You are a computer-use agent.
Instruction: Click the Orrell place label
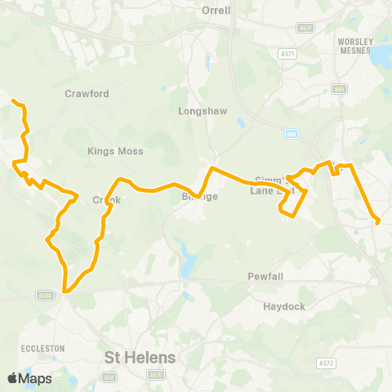coord(216,11)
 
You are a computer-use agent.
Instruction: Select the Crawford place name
coord(87,94)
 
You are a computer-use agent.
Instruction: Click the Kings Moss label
coord(115,151)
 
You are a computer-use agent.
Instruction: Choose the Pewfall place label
coord(265,277)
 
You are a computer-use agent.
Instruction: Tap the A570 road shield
coord(155,376)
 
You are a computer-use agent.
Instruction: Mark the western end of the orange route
coord(13,101)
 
